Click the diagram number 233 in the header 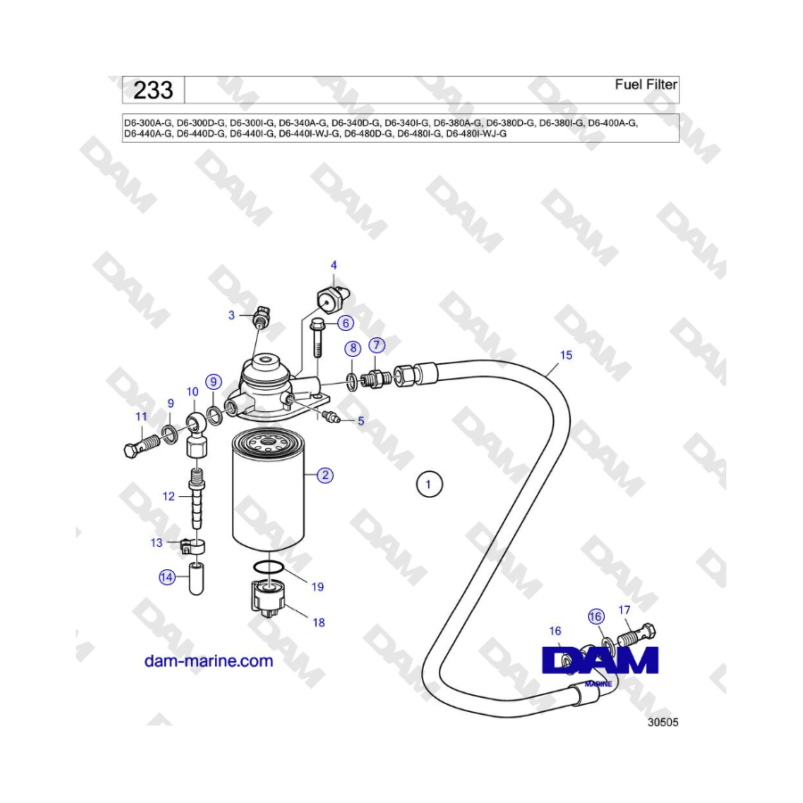(153, 90)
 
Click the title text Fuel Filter (646, 85)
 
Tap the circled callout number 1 (428, 484)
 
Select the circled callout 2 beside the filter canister (325, 476)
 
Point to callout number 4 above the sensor (334, 265)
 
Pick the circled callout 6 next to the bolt (345, 323)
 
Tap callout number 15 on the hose (566, 355)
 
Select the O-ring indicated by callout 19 (269, 567)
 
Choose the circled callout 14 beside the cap (167, 577)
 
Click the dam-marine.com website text (209, 660)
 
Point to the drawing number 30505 (663, 722)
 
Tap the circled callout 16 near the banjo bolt (596, 617)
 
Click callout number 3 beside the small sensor (231, 316)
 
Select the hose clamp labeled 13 (194, 546)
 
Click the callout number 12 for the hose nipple (169, 496)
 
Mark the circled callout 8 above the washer (352, 349)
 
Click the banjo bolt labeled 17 (637, 635)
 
